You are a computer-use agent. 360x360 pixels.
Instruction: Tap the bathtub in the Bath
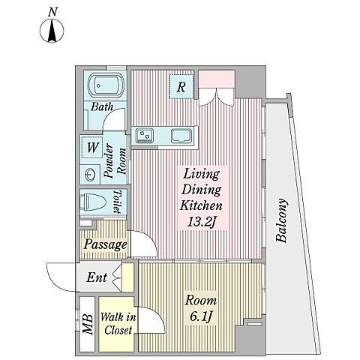pyautogui.click(x=106, y=85)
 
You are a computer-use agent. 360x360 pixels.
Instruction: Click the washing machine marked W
pyautogui.click(x=91, y=148)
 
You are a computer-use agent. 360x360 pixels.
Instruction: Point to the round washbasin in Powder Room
pyautogui.click(x=90, y=174)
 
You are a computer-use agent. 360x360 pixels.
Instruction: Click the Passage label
pyautogui.click(x=105, y=244)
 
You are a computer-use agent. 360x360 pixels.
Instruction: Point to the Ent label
pyautogui.click(x=97, y=277)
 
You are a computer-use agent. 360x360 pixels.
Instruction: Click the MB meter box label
pyautogui.click(x=88, y=324)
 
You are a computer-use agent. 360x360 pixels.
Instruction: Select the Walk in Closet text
pyautogui.click(x=118, y=323)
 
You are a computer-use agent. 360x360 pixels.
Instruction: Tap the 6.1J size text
pyautogui.click(x=201, y=317)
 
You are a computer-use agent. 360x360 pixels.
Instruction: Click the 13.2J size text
pyautogui.click(x=202, y=222)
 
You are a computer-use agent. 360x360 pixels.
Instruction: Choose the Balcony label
pyautogui.click(x=281, y=220)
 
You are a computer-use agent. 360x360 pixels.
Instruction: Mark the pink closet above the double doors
pyautogui.click(x=217, y=79)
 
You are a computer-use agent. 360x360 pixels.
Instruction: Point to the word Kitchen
pyautogui.click(x=201, y=205)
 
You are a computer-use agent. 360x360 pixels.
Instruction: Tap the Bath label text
pyautogui.click(x=102, y=107)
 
